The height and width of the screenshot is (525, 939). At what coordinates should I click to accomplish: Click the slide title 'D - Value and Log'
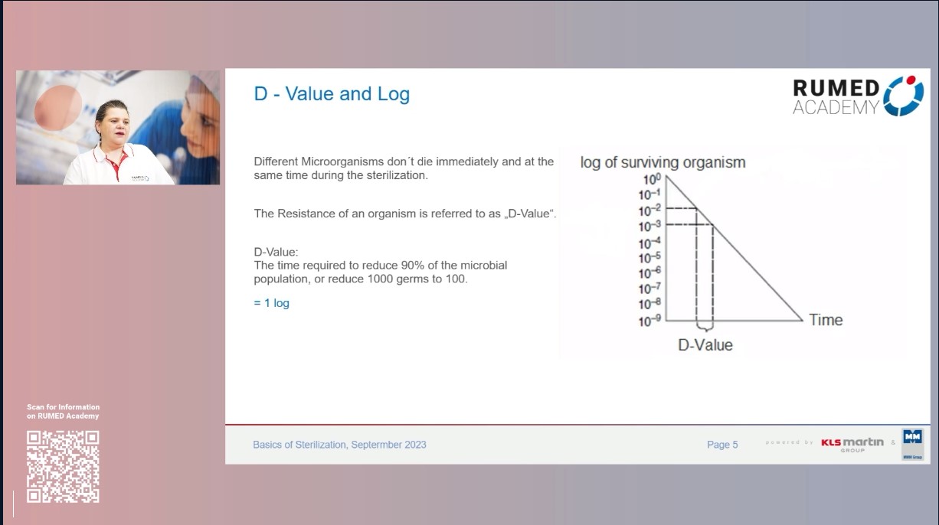tap(332, 94)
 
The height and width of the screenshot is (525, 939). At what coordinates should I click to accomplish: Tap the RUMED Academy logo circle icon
tap(904, 96)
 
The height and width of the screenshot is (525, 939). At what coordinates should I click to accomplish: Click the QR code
tap(63, 466)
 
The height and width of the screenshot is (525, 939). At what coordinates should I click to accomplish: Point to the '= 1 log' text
tap(272, 303)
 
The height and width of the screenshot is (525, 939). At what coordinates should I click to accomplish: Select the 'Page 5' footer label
tap(722, 445)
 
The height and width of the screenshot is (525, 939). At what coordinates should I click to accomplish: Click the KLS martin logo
tap(852, 443)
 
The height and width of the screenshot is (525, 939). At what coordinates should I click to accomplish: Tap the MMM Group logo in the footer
tap(912, 443)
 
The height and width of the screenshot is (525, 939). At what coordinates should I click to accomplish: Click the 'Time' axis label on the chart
tap(826, 320)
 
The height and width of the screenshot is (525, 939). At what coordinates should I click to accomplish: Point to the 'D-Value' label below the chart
tap(705, 345)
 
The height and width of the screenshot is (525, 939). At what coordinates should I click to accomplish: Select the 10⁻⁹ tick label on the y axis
tap(649, 321)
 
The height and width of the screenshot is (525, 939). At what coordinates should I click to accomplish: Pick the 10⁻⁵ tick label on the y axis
tap(649, 257)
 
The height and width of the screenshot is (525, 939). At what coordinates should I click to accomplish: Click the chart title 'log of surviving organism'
tap(663, 162)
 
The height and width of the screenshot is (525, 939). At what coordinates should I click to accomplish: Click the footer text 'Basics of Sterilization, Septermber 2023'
tap(339, 445)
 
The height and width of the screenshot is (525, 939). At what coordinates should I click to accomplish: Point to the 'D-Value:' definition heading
tap(276, 252)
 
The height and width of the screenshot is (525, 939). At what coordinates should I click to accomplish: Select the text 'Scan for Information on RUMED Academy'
tap(63, 412)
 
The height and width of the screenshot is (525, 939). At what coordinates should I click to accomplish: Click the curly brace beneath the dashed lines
tap(705, 328)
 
